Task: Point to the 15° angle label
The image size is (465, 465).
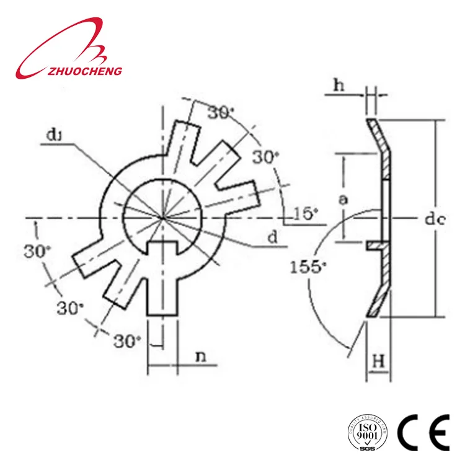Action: pyautogui.click(x=306, y=214)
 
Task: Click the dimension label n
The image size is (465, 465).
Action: pyautogui.click(x=201, y=357)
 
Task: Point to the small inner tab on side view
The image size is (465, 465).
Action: pyautogui.click(x=374, y=246)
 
